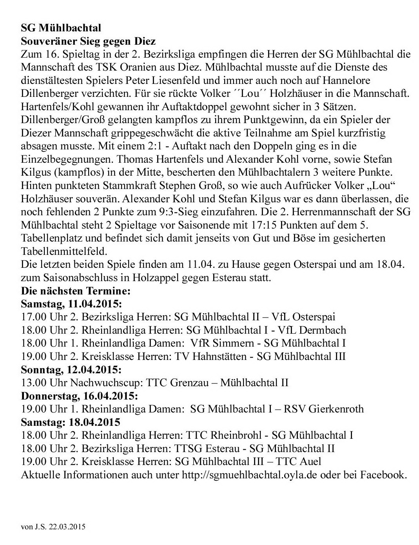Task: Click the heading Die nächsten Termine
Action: pos(75,291)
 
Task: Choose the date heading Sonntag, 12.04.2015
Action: pos(71,370)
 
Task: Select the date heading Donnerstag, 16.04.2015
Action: pos(79,396)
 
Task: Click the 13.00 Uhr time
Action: pos(44,383)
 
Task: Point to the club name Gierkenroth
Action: pos(336,409)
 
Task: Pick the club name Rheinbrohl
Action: pos(234,435)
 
